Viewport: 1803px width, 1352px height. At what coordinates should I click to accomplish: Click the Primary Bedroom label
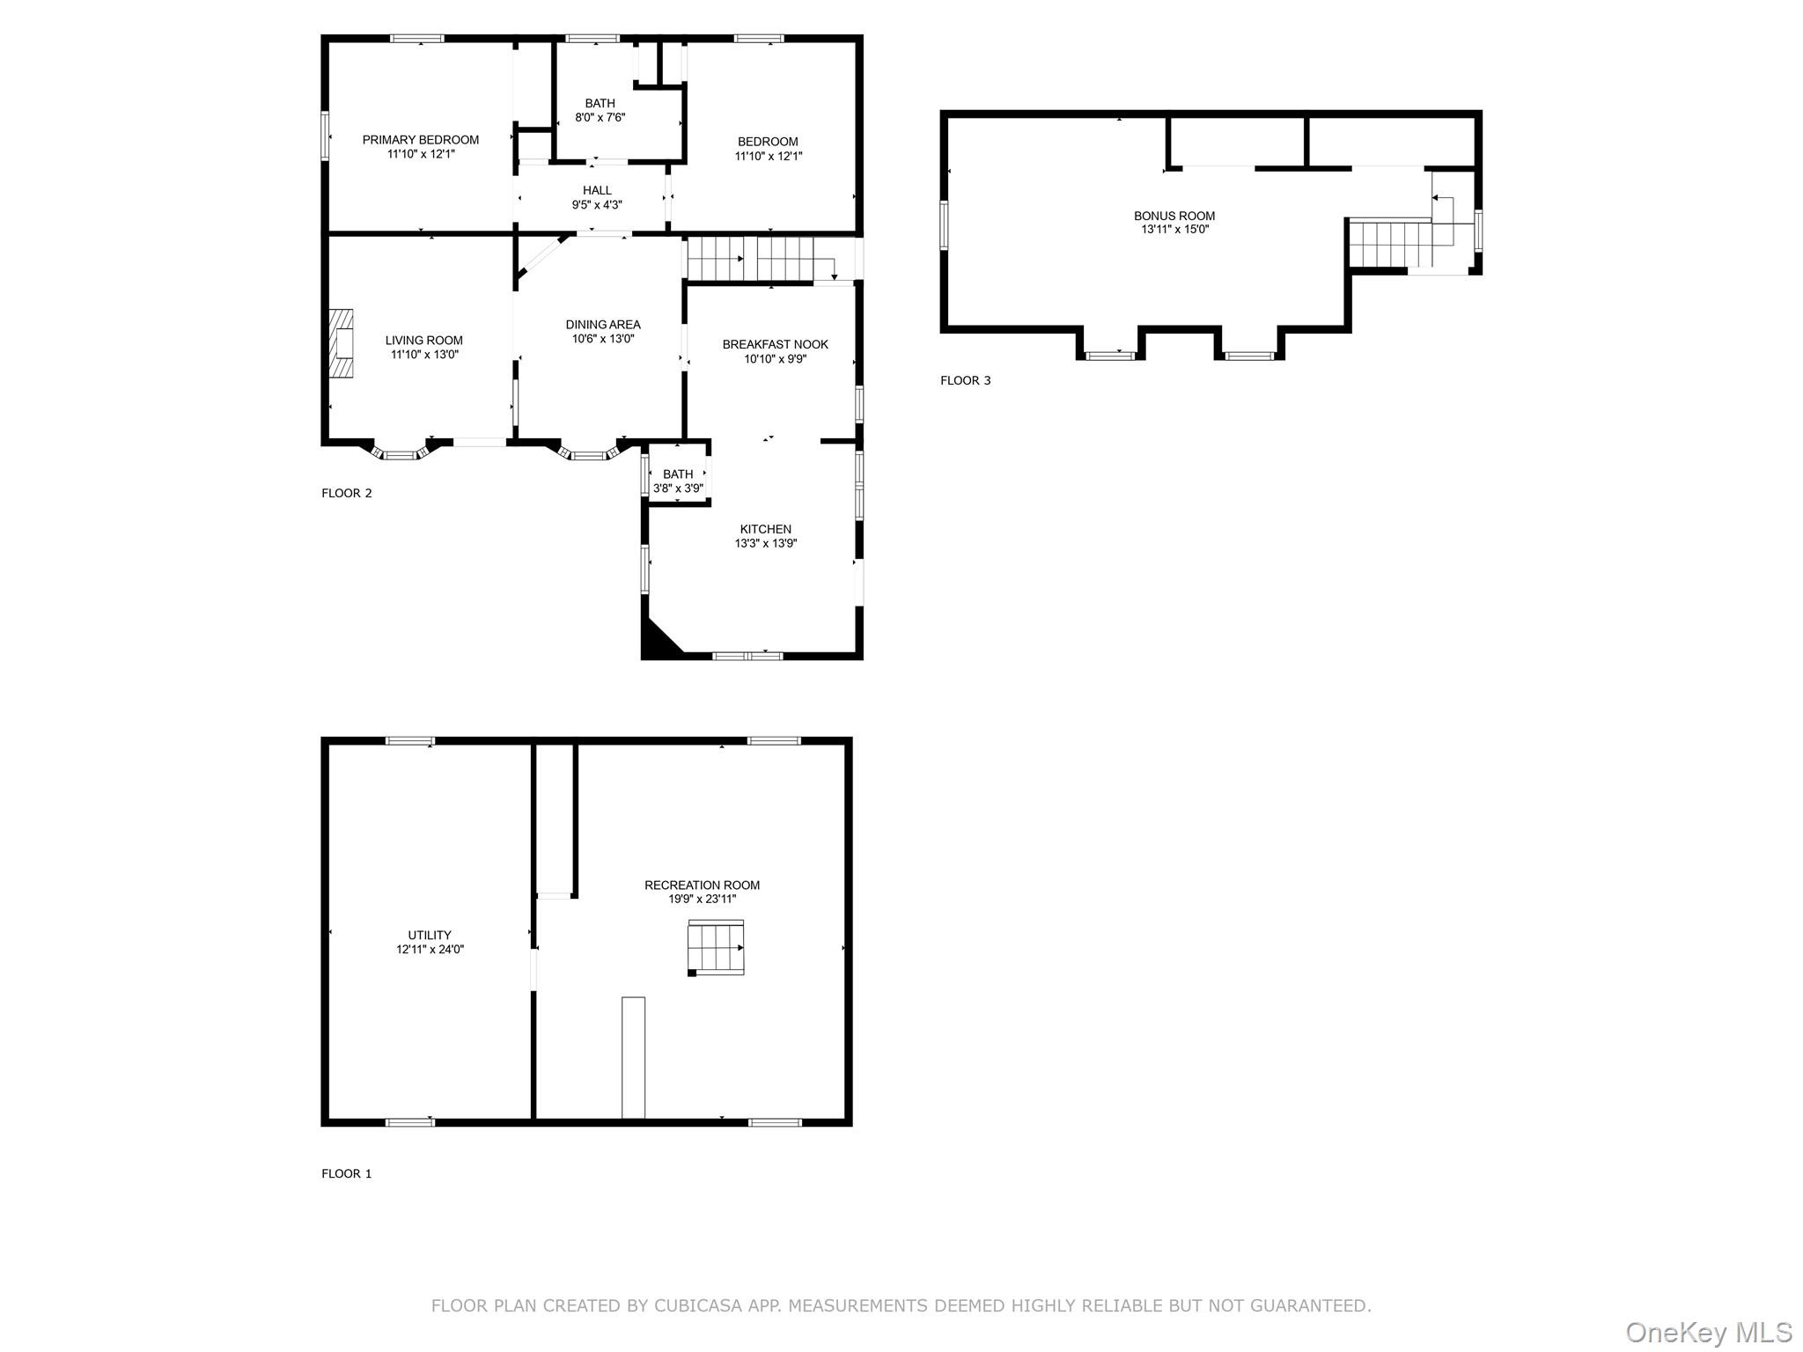pyautogui.click(x=421, y=140)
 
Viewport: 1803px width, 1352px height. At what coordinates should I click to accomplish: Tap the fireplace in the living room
pyautogui.click(x=342, y=343)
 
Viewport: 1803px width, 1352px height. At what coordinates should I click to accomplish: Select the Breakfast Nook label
pyautogui.click(x=776, y=344)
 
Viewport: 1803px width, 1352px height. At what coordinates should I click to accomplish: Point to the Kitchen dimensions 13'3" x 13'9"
pyautogui.click(x=766, y=544)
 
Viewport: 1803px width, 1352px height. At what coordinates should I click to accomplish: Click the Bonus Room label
pyautogui.click(x=1174, y=216)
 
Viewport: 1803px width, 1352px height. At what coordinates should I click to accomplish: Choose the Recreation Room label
pyautogui.click(x=702, y=885)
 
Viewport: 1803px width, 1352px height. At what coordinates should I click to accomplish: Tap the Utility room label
pyautogui.click(x=430, y=936)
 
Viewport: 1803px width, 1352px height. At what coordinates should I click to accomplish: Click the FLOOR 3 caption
pyautogui.click(x=966, y=380)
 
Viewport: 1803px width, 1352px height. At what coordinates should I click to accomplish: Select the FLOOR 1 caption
pyautogui.click(x=347, y=1173)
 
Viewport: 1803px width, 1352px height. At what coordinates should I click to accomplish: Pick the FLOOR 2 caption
pyautogui.click(x=347, y=493)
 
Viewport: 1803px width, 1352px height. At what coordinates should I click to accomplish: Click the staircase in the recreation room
pyautogui.click(x=716, y=948)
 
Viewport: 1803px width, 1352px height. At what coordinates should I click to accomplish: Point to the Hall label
pyautogui.click(x=597, y=190)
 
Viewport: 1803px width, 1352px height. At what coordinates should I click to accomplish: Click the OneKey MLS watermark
pyautogui.click(x=1709, y=1332)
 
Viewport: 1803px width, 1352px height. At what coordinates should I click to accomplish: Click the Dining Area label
pyautogui.click(x=603, y=325)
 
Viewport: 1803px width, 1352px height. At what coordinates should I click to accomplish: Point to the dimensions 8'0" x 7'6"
pyautogui.click(x=600, y=118)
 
